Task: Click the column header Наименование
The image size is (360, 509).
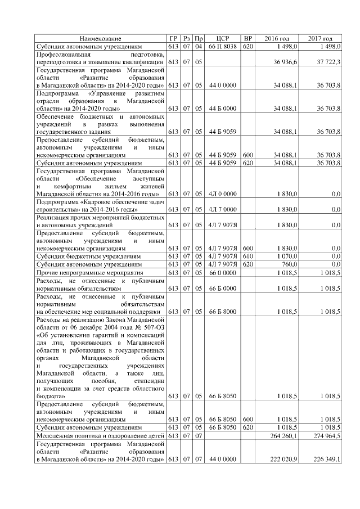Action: point(100,38)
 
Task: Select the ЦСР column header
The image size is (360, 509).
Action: point(221,38)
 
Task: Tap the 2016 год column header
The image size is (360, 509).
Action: point(276,38)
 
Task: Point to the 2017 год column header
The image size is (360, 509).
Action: point(320,38)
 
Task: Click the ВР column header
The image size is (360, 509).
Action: point(247,38)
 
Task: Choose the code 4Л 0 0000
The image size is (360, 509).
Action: point(222,193)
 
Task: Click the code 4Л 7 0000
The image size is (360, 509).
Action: point(222,209)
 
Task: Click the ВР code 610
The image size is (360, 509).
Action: point(247,256)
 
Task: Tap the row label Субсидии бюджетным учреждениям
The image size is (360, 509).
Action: point(88,256)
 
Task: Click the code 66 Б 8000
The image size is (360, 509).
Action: point(222,310)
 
